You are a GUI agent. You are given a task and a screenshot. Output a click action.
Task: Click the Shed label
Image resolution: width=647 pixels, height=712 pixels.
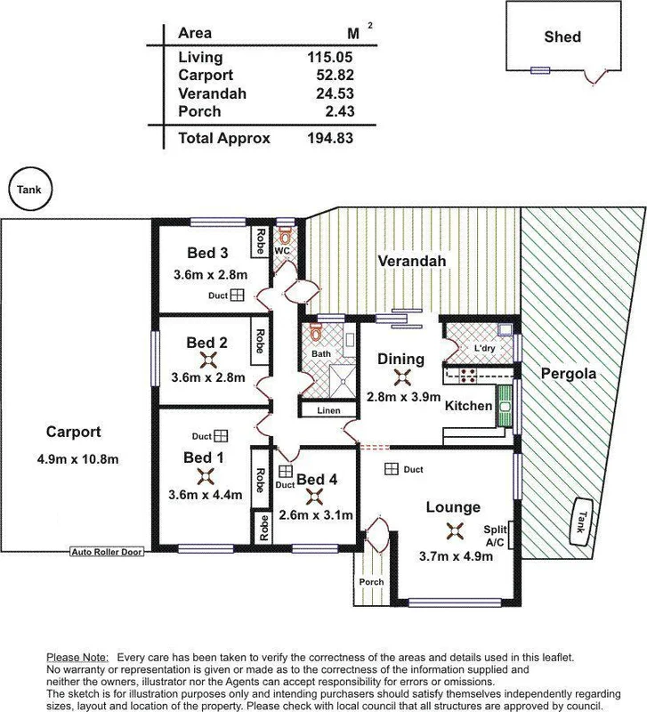[x=562, y=36]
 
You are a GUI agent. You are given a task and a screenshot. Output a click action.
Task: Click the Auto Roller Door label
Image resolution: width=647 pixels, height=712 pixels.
[x=107, y=552]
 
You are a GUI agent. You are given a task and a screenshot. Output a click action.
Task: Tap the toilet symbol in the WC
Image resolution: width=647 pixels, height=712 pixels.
[x=285, y=237]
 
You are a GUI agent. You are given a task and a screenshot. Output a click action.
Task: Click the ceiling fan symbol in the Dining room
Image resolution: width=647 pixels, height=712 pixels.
[x=402, y=377]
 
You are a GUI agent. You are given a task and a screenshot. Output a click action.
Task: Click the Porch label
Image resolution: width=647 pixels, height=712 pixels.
[x=371, y=582]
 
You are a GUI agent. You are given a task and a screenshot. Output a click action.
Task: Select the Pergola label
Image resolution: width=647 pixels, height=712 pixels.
[x=569, y=375]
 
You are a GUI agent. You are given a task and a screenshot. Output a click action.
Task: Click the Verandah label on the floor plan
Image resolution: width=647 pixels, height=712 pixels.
[x=410, y=261]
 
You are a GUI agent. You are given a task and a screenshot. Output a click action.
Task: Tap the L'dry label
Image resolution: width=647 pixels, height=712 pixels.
[x=484, y=347]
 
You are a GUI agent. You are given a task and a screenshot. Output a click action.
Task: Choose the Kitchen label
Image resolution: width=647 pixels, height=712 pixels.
[x=469, y=406]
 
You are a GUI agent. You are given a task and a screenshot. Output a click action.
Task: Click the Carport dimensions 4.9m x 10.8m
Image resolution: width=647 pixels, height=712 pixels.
[x=74, y=459]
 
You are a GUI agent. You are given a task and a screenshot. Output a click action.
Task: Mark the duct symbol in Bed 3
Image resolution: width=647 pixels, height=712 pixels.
[x=238, y=296]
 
